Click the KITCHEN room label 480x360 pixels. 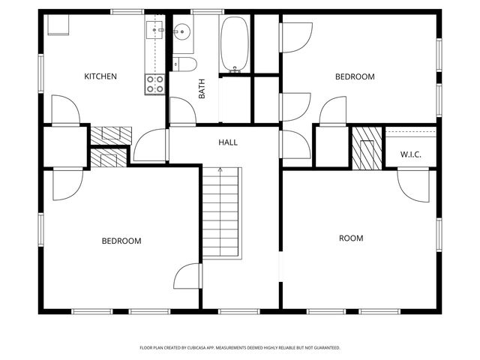[x=100, y=76]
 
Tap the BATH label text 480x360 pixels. [x=202, y=90]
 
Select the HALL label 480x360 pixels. [x=228, y=142]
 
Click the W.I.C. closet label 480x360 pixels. [x=410, y=154]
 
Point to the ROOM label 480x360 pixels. [x=350, y=238]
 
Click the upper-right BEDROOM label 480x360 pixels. [x=354, y=76]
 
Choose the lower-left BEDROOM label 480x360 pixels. [x=121, y=241]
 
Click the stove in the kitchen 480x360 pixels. [x=155, y=84]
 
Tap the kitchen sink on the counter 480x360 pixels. [x=155, y=30]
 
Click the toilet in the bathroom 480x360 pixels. [x=184, y=63]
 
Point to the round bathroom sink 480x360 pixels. [x=182, y=32]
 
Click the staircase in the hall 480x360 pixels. [x=222, y=214]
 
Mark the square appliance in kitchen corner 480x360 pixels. [x=58, y=24]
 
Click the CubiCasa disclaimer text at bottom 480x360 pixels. [x=240, y=347]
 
